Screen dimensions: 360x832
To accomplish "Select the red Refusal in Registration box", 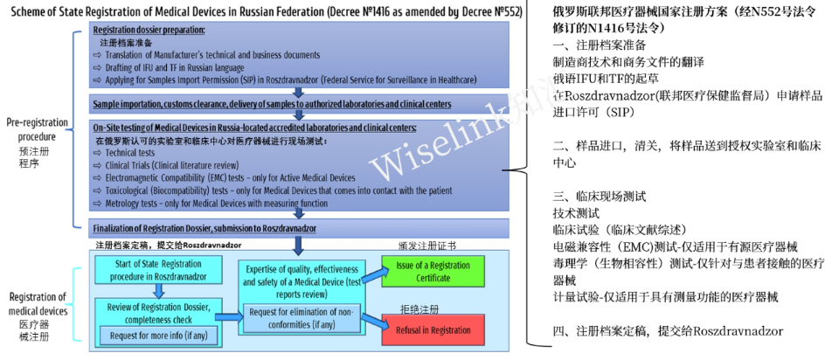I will [424, 330].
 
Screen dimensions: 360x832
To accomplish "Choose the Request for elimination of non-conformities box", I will [299, 318].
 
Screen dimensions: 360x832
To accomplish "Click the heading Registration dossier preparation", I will [149, 30].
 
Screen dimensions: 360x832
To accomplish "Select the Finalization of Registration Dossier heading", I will [205, 229].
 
